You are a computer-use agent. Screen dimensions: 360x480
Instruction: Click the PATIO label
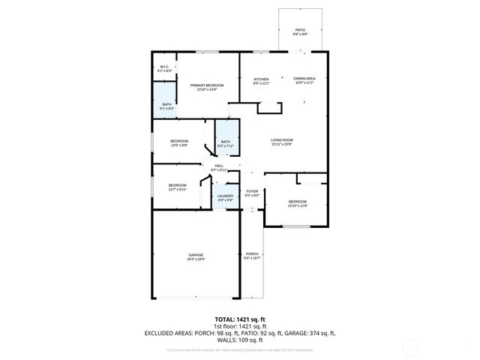[298, 30]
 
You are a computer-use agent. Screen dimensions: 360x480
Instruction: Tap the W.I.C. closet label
[164, 68]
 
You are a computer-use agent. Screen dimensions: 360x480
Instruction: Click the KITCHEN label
[261, 80]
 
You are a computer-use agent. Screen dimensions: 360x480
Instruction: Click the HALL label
[219, 166]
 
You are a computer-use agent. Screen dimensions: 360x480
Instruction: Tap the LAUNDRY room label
[226, 197]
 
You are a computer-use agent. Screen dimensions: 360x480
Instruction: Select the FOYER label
[252, 193]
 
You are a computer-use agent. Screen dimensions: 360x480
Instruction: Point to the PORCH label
[252, 255]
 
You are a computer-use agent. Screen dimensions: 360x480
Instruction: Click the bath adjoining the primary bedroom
[167, 106]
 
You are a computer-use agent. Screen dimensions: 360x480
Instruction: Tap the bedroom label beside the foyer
[298, 202]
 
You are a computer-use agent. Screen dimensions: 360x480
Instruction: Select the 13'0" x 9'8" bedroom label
[179, 142]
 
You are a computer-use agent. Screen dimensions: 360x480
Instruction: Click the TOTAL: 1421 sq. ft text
[239, 319]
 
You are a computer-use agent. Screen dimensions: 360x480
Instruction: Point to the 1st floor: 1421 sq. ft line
[239, 326]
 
